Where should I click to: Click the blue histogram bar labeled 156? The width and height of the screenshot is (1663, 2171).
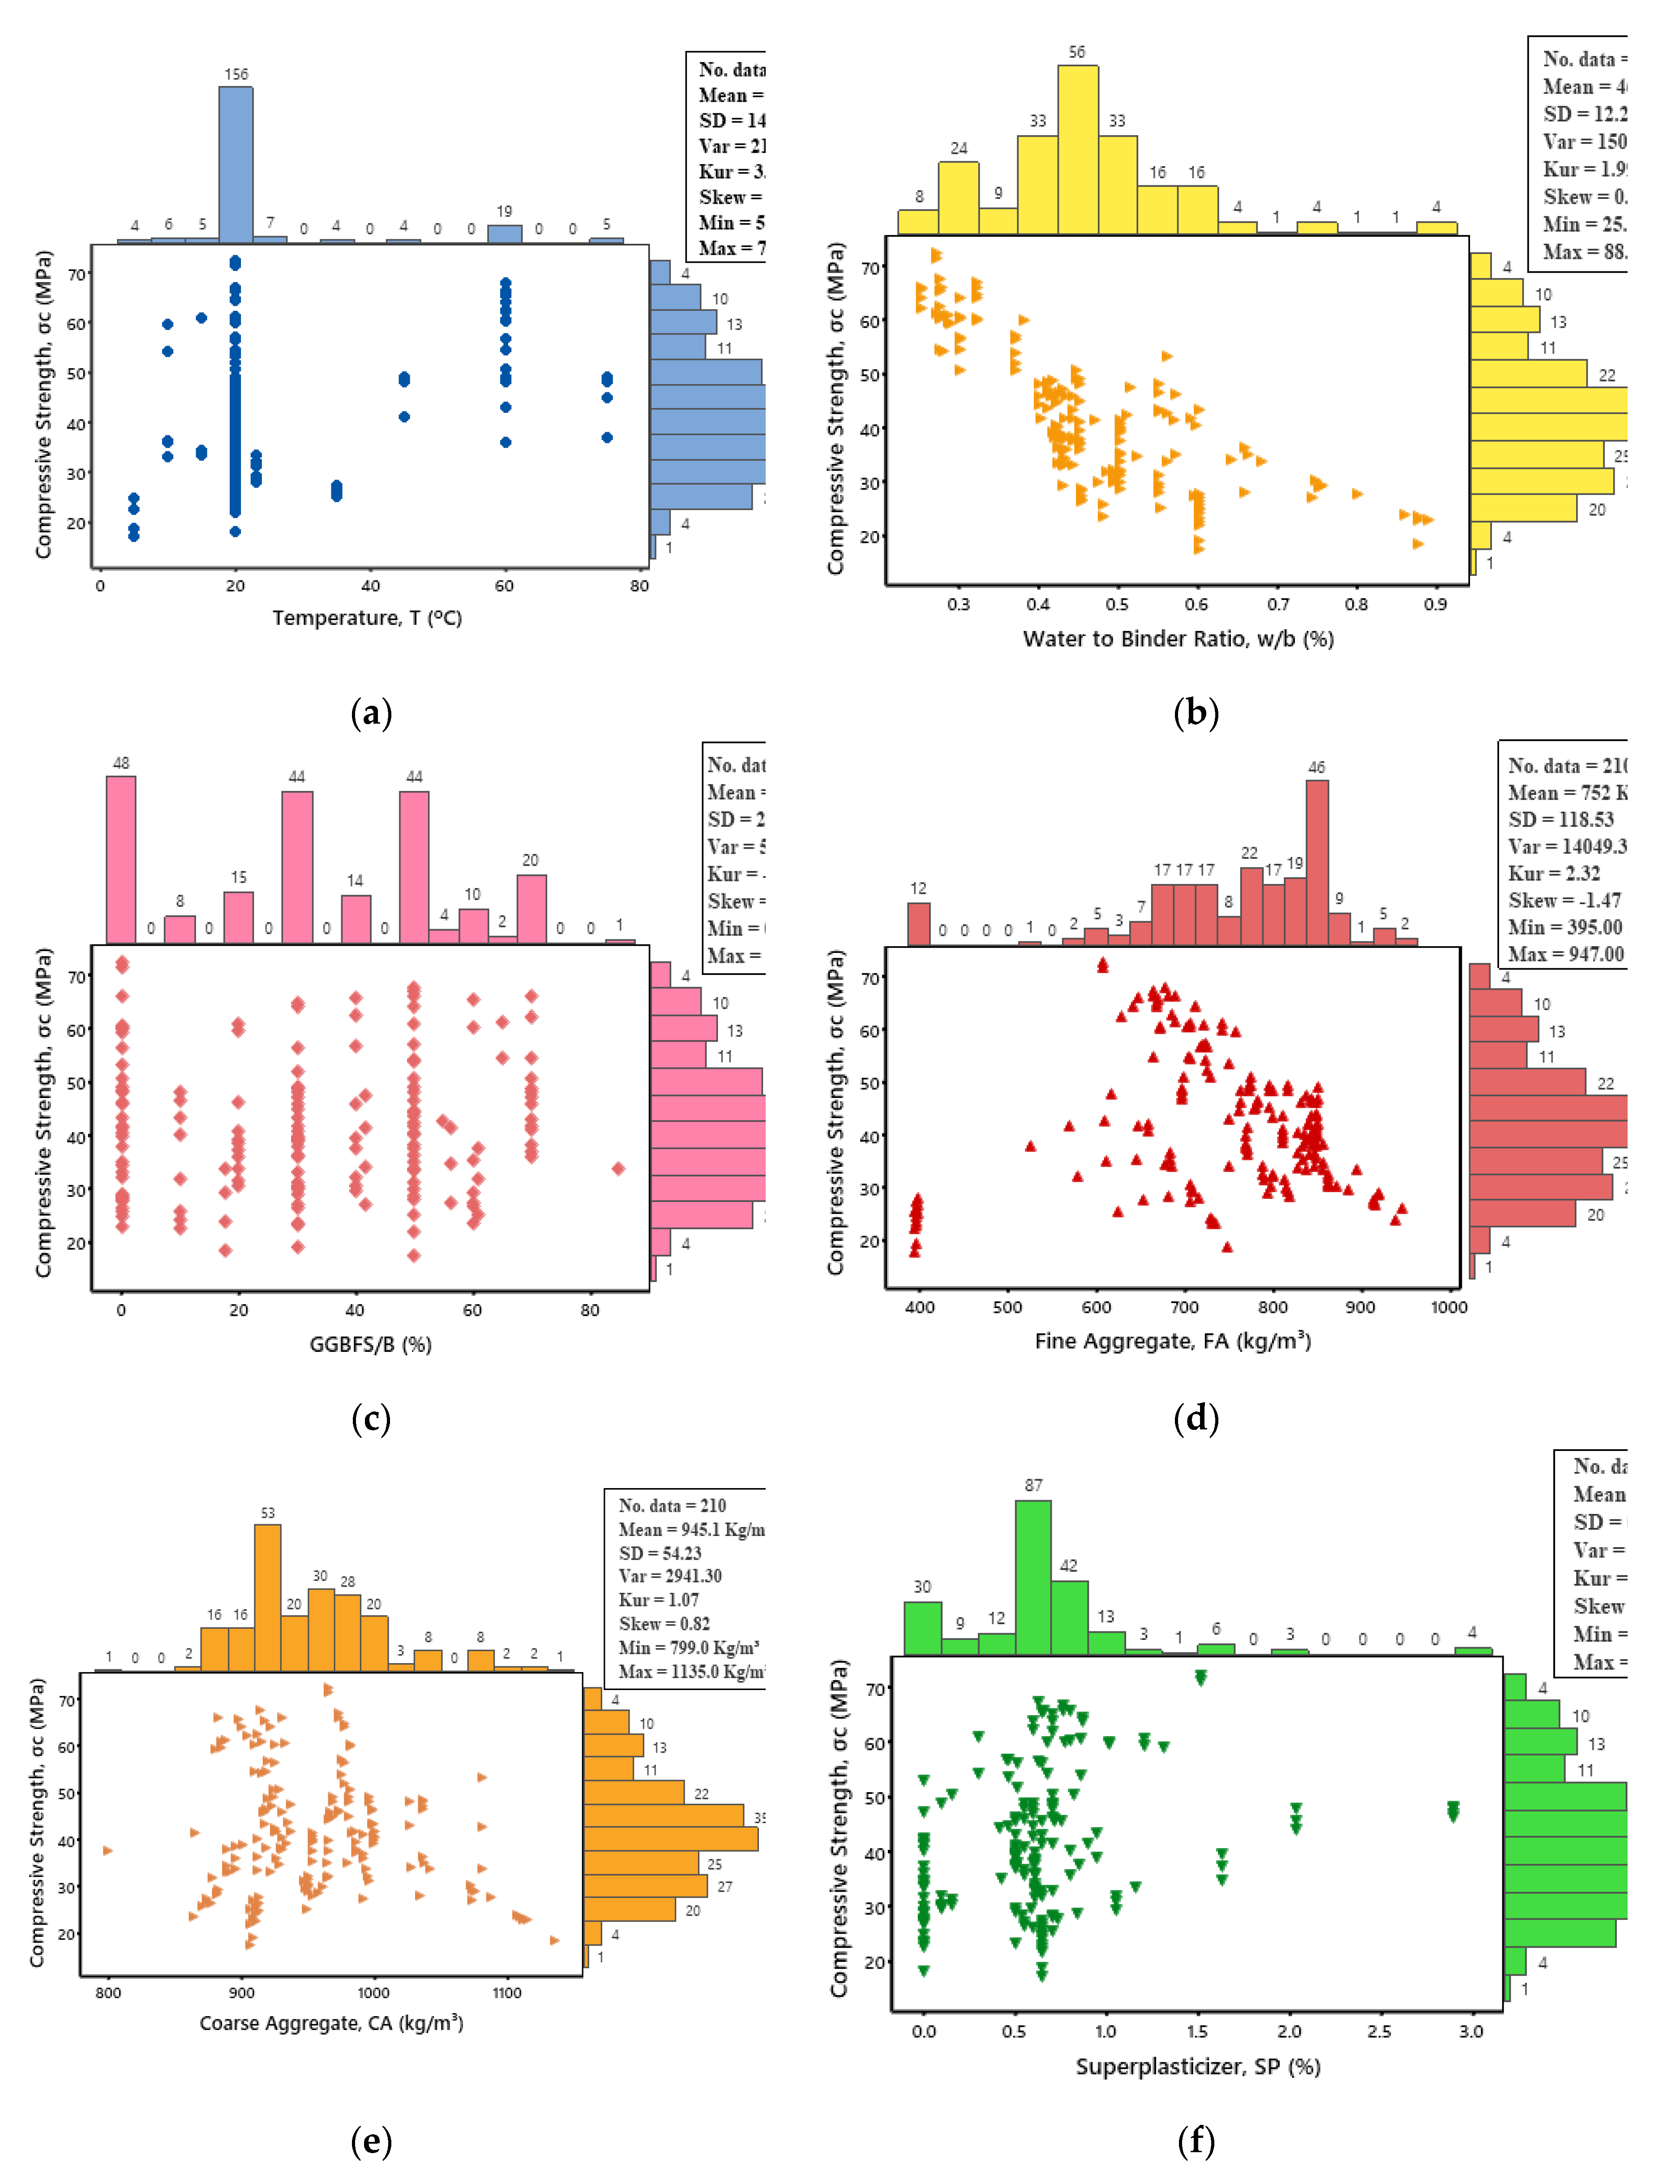[x=236, y=164]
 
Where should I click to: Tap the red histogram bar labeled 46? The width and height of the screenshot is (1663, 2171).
[x=1316, y=861]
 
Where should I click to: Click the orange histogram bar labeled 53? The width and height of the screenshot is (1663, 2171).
[x=267, y=1597]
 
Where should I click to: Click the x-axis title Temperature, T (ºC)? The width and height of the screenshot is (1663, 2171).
[x=367, y=618]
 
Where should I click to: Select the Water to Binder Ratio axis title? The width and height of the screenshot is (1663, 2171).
[x=1178, y=639]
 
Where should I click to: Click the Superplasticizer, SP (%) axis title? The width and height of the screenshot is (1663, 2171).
[x=1198, y=2066]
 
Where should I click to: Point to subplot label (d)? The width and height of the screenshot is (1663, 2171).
[x=1196, y=1419]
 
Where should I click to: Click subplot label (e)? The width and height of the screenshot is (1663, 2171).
[x=371, y=2140]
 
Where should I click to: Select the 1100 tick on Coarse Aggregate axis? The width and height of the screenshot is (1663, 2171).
[x=507, y=1992]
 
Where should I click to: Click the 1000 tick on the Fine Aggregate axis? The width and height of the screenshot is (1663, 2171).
[x=1448, y=1307]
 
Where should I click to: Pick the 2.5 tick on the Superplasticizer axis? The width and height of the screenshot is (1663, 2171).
[x=1379, y=2030]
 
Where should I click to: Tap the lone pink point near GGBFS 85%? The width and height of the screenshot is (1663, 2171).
[x=617, y=1168]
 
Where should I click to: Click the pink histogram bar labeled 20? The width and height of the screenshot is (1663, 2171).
[x=531, y=908]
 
